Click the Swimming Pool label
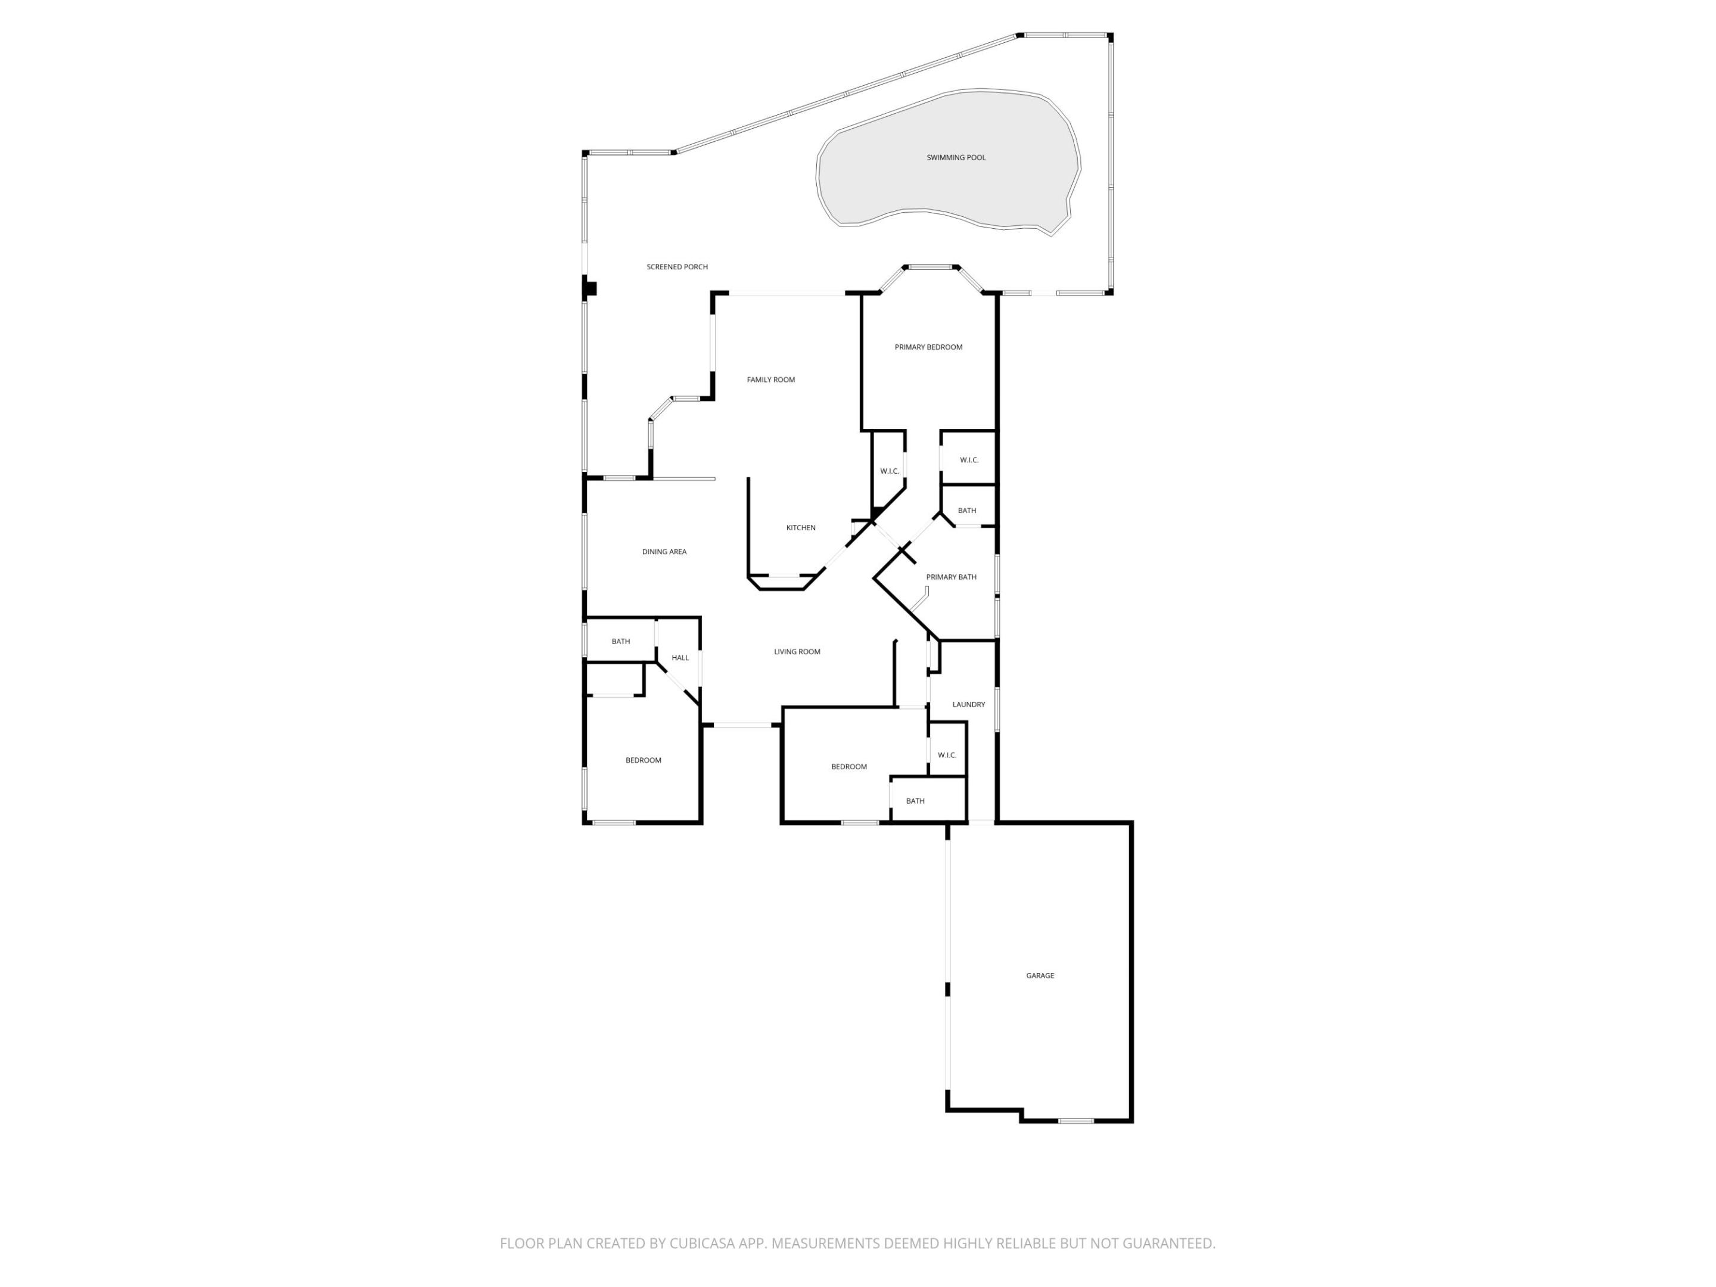click(x=956, y=157)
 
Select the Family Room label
click(x=770, y=380)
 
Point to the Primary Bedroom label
click(x=928, y=347)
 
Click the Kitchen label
click(x=801, y=527)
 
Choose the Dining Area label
click(x=664, y=552)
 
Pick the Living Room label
click(x=797, y=652)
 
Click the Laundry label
click(x=968, y=704)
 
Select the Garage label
click(x=1040, y=975)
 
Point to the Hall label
click(x=680, y=658)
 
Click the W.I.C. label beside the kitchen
click(x=889, y=471)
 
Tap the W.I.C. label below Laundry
click(x=946, y=755)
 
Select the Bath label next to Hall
click(x=621, y=642)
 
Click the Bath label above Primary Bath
click(x=966, y=511)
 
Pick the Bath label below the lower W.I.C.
click(x=915, y=801)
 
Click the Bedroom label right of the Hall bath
click(x=848, y=766)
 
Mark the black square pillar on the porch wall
click(x=590, y=288)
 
